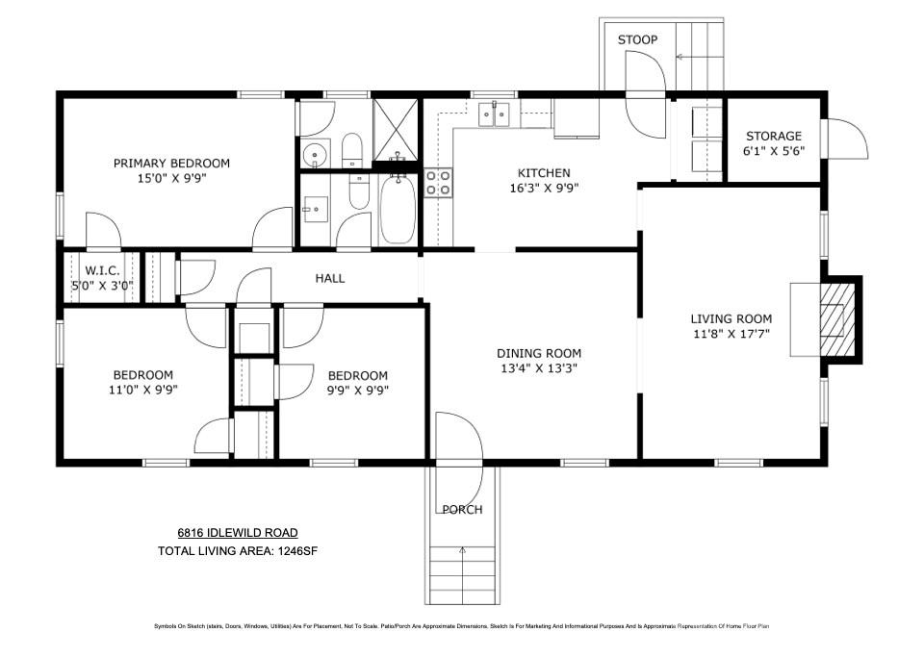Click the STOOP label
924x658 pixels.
click(637, 39)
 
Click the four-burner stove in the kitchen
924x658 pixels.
click(438, 183)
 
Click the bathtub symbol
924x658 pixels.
click(397, 209)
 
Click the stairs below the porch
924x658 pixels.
click(463, 573)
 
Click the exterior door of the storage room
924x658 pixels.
click(847, 140)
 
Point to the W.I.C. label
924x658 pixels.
click(102, 271)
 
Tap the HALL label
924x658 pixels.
click(330, 279)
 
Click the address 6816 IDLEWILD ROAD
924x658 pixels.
click(237, 533)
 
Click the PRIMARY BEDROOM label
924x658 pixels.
click(171, 164)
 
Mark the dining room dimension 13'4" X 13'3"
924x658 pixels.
click(538, 368)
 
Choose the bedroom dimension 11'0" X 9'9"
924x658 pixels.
click(142, 390)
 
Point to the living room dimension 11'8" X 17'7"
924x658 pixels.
click(731, 334)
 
